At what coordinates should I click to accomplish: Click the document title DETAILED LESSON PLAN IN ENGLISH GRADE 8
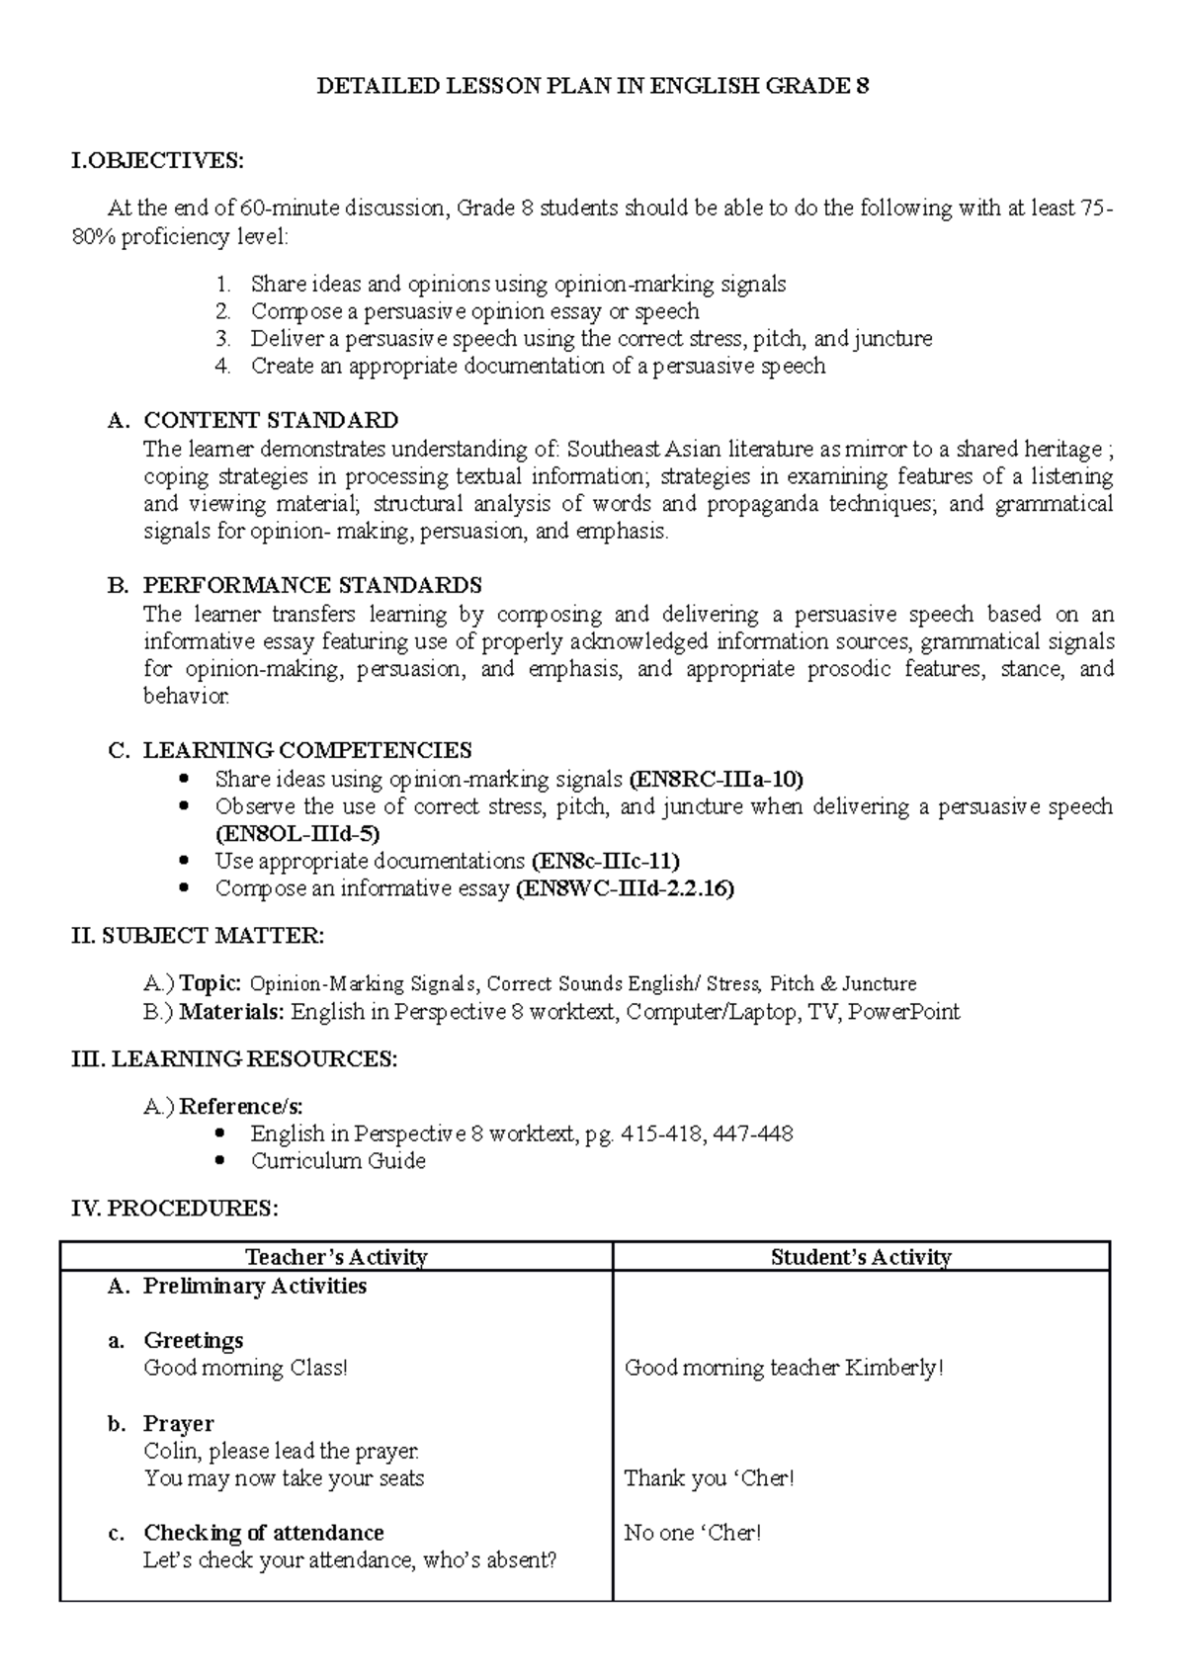click(592, 86)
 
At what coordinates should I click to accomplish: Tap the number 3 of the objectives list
click(224, 339)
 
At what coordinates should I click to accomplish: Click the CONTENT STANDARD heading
click(271, 421)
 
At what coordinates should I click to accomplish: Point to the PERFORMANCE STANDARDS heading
click(312, 585)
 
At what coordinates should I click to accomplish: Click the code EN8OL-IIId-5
click(296, 834)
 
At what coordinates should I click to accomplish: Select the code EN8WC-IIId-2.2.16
click(626, 888)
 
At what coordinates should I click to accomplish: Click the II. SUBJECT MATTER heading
click(198, 935)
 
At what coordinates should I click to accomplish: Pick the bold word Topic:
click(210, 984)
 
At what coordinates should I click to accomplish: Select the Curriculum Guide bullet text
click(338, 1161)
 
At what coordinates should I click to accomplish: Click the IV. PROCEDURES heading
click(175, 1209)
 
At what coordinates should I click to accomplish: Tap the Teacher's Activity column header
click(336, 1257)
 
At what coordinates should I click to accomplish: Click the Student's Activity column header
click(861, 1257)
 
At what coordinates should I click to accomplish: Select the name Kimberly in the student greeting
click(892, 1369)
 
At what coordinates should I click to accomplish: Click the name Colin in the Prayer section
click(172, 1452)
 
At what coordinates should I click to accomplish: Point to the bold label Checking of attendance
click(264, 1534)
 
